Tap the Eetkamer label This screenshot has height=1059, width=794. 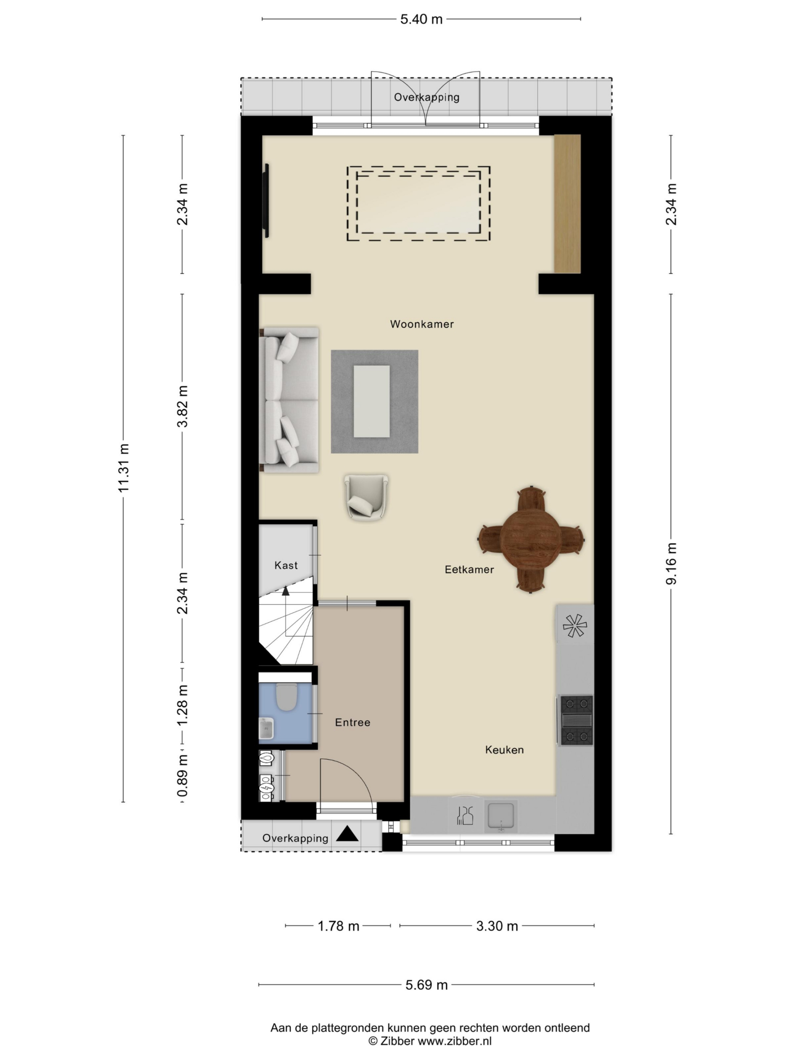(469, 569)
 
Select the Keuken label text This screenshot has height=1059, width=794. (505, 750)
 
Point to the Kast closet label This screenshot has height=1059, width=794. (286, 565)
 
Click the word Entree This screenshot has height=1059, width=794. (353, 722)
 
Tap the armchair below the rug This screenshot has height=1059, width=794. (366, 496)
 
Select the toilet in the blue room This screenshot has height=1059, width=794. (287, 697)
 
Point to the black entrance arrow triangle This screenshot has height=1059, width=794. (347, 834)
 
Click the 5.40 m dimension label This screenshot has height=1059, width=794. (421, 19)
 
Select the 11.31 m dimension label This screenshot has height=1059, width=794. (124, 468)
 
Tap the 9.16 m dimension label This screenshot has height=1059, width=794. (671, 563)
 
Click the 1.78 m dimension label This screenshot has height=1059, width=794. (338, 926)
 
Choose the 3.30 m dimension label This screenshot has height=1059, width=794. (497, 926)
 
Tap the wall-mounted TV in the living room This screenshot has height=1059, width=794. (267, 201)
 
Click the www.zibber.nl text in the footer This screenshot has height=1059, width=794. (454, 1040)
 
